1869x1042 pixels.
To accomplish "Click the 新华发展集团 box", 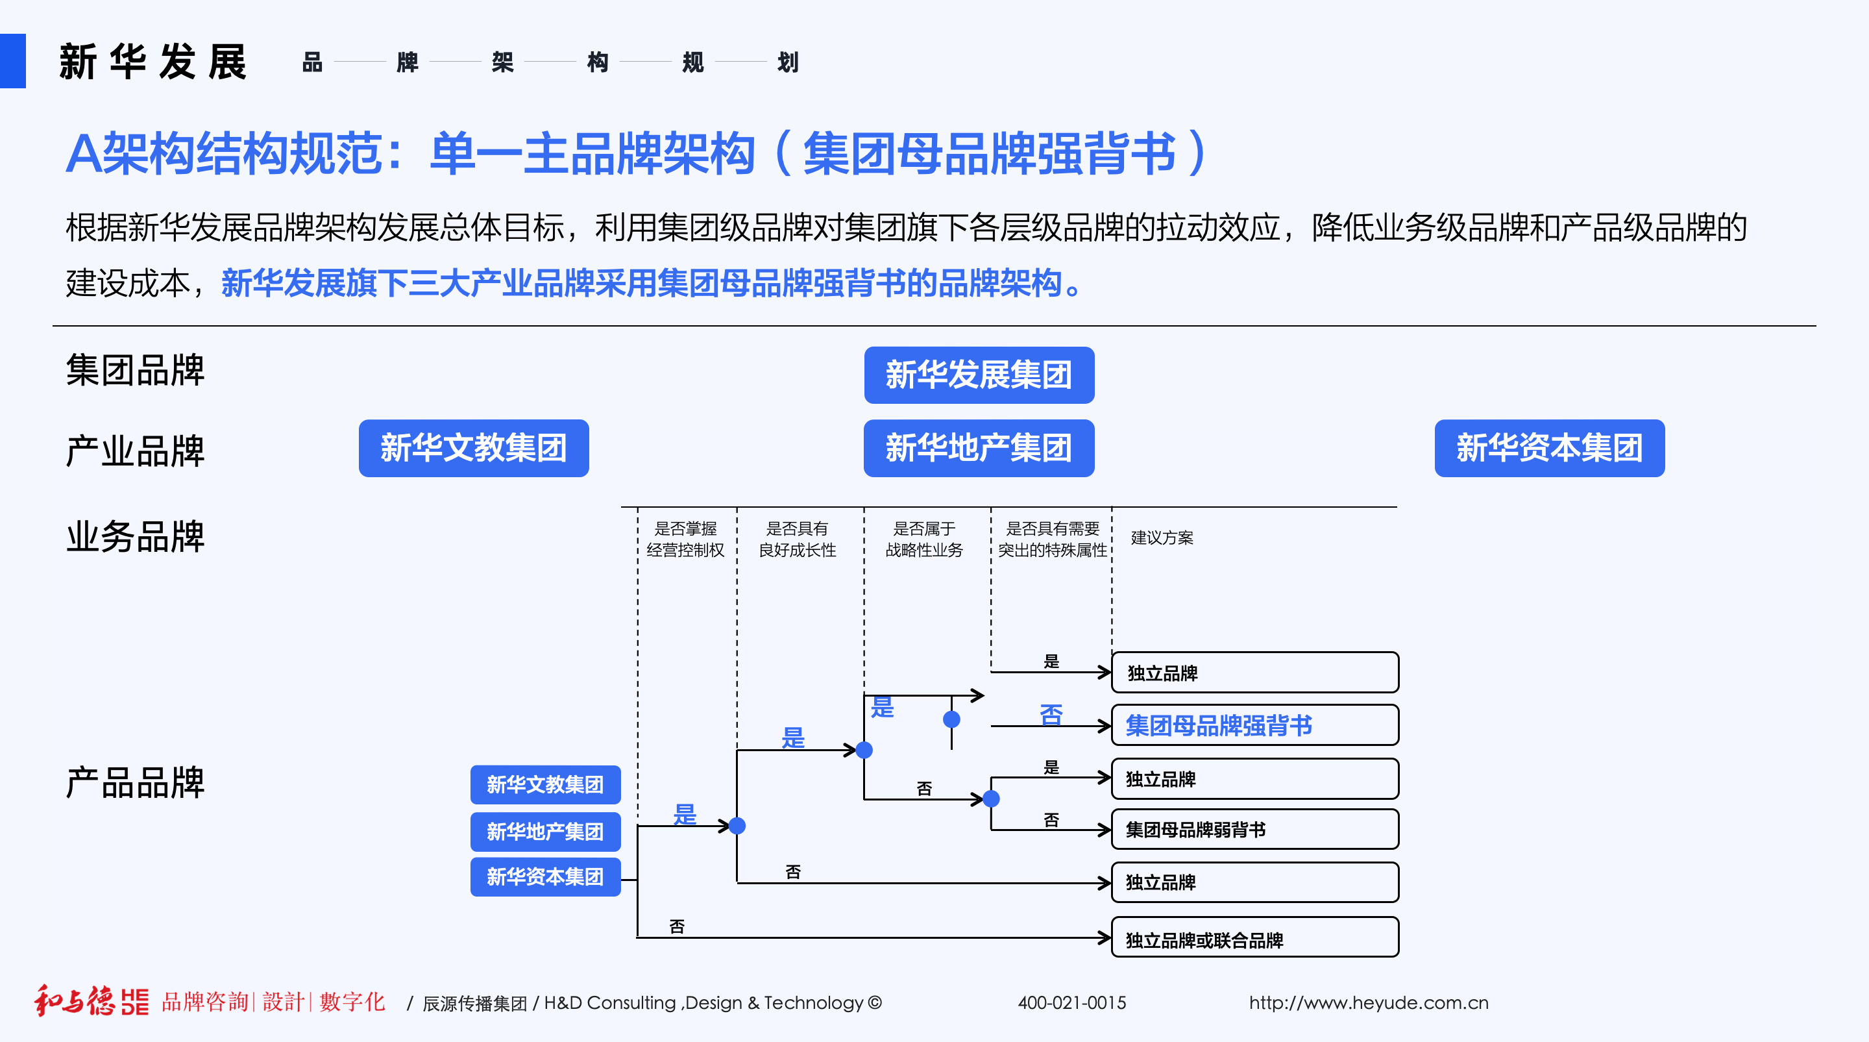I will coord(979,375).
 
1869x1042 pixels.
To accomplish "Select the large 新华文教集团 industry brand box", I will coord(474,448).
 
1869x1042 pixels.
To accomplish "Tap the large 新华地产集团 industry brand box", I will coord(979,448).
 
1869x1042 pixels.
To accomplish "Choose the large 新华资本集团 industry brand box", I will coord(1549,448).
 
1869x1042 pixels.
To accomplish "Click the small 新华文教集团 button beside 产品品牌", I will coord(545,784).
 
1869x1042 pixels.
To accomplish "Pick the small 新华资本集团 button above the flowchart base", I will coord(545,876).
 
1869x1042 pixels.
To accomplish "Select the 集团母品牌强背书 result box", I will coord(1254,725).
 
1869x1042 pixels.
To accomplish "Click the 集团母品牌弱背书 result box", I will coord(1254,830).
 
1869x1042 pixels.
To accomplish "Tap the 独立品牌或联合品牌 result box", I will coord(1254,939).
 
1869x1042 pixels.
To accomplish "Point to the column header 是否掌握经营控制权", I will coord(686,539).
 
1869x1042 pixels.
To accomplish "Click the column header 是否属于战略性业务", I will coord(923,539).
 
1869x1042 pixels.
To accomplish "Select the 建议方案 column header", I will coord(1162,538).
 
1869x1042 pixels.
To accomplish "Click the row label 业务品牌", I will coord(136,537).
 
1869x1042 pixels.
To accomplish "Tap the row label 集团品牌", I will coord(136,370).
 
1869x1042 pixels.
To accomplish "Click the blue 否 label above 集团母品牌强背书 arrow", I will coord(1051,714).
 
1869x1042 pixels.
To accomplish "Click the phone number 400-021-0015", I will coord(1071,1003).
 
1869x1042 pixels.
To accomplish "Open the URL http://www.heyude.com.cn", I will coord(1369,1003).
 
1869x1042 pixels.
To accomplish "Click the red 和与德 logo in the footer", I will coord(75,1001).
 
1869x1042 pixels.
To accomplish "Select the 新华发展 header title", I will coord(153,62).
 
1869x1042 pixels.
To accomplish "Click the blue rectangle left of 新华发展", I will coord(12,61).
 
